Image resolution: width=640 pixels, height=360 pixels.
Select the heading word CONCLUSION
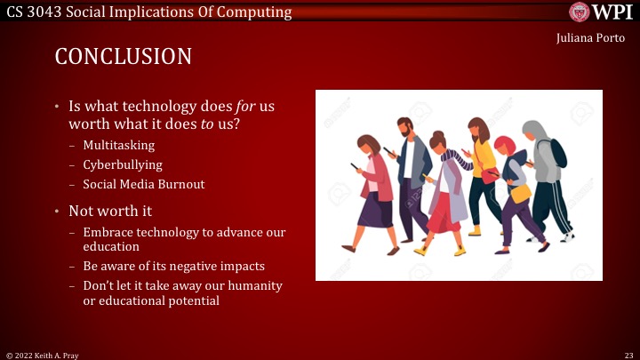[x=123, y=57]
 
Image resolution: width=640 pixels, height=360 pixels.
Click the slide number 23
[x=628, y=354]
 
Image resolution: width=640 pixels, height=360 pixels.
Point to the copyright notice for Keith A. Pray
[x=44, y=354]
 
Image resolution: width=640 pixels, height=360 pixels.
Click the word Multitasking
[x=118, y=145]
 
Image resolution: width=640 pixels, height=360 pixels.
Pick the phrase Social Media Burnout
[x=143, y=184]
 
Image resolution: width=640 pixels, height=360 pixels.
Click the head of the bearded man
[x=404, y=127]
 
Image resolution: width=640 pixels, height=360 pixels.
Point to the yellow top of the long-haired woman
[x=483, y=158]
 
